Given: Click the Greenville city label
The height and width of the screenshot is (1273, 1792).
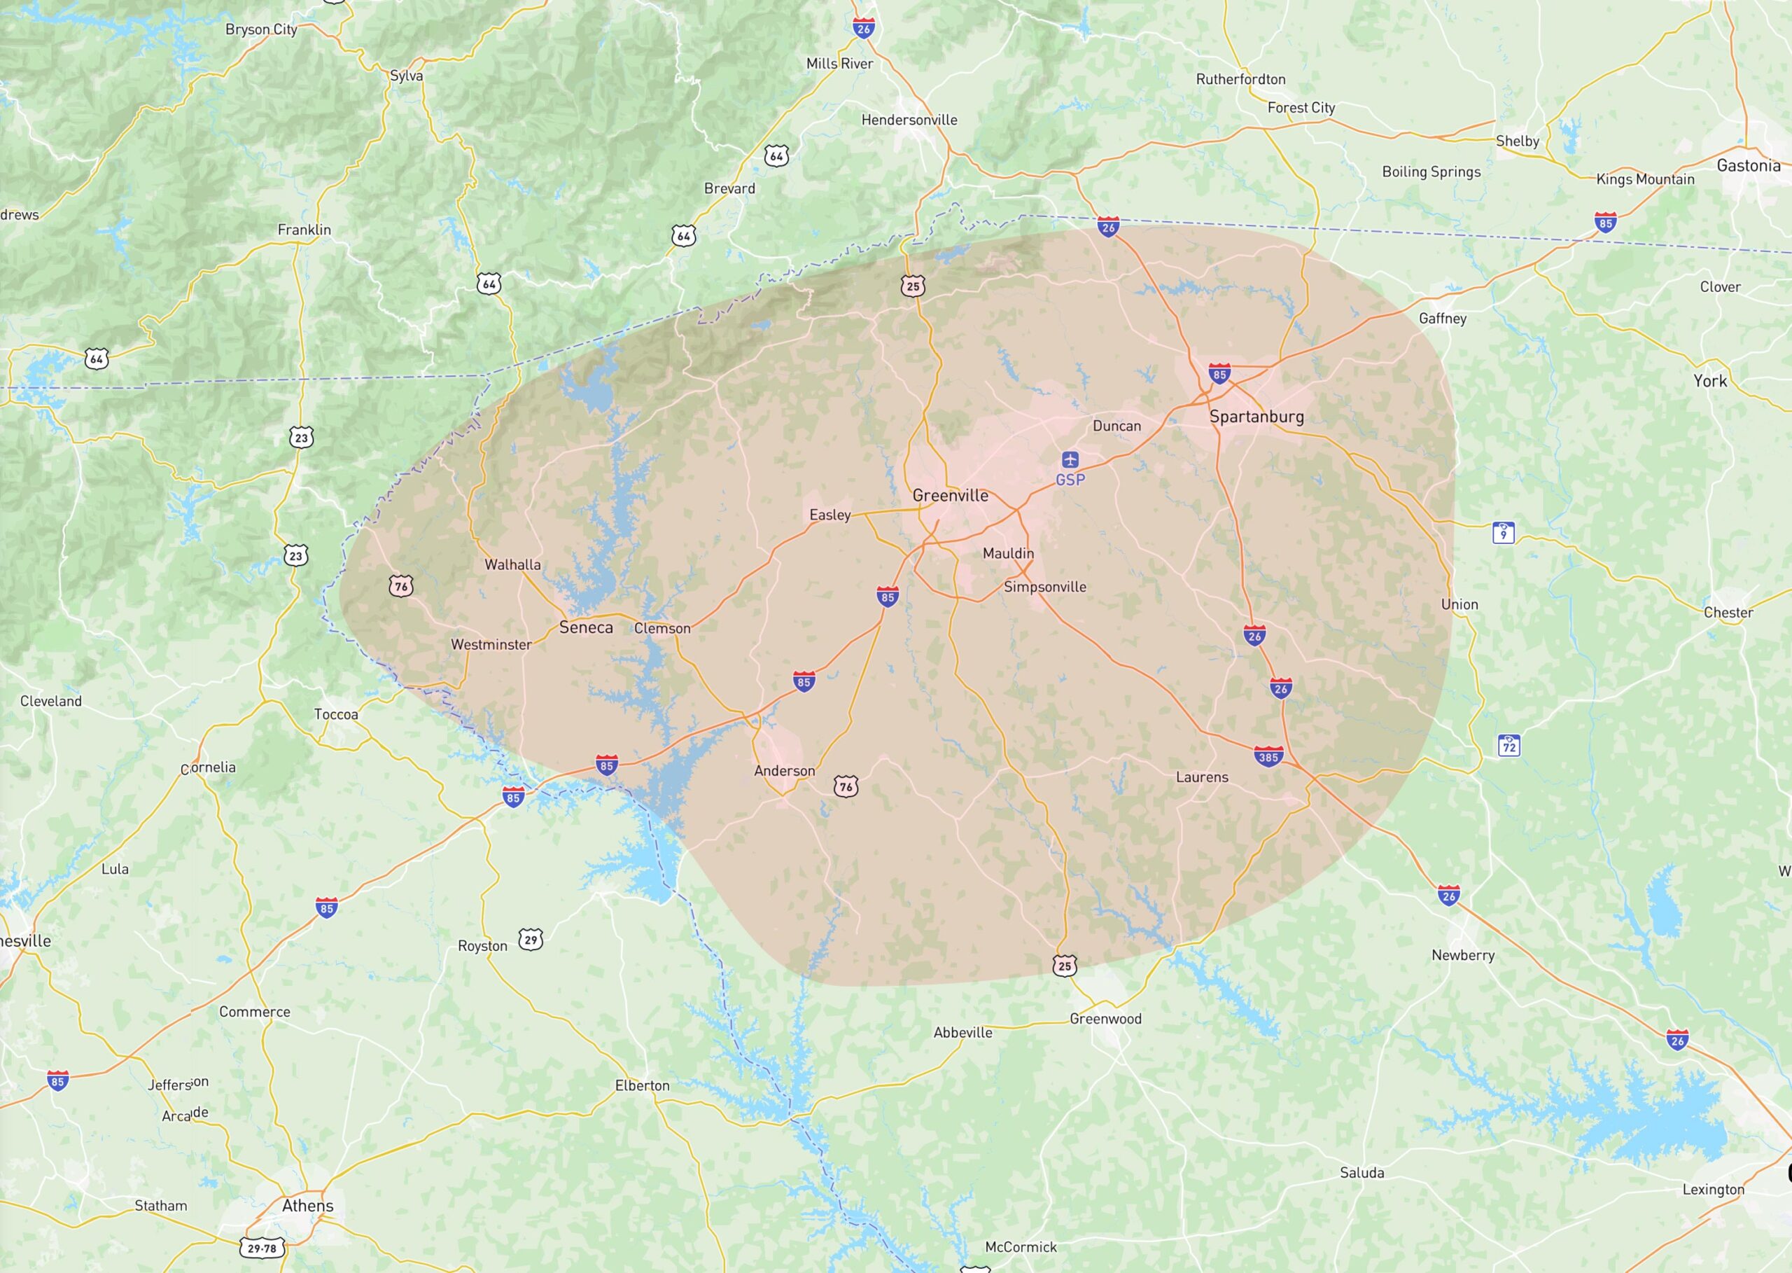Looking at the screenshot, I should [x=950, y=495].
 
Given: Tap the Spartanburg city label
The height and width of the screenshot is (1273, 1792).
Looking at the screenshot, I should [x=1256, y=416].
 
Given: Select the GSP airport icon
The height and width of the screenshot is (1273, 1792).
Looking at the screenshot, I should [x=1070, y=459].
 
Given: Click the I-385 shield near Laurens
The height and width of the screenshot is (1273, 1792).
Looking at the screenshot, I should [x=1268, y=756].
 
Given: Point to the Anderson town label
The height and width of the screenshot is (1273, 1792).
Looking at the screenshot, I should [x=784, y=770].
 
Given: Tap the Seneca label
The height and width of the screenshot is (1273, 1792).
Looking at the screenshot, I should [x=585, y=627].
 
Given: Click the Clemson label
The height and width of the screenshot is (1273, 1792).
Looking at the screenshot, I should [x=662, y=628].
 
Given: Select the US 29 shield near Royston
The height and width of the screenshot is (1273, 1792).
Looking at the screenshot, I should [x=531, y=939].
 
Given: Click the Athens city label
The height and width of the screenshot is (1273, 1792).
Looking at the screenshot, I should [x=307, y=1206].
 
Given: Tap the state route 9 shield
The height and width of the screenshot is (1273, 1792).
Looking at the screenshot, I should [x=1503, y=533].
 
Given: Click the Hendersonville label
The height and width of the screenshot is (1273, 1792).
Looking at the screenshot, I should [x=909, y=120].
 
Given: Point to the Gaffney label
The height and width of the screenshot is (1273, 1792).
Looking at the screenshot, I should [x=1442, y=318].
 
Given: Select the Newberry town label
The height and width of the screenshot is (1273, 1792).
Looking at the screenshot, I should [x=1462, y=955].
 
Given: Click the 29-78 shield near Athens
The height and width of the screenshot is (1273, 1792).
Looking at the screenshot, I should [x=262, y=1248].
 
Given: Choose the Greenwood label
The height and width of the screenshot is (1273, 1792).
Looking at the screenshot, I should [x=1105, y=1018].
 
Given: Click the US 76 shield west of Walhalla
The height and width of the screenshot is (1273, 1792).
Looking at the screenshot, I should [x=400, y=585].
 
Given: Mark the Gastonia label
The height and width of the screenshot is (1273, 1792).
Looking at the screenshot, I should [x=1748, y=165].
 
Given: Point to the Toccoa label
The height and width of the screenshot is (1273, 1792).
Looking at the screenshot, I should [x=335, y=714].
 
